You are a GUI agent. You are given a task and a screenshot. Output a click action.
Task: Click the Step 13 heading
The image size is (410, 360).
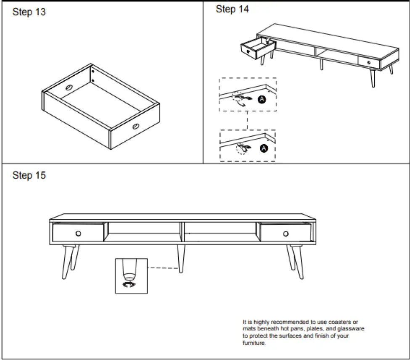[29, 12]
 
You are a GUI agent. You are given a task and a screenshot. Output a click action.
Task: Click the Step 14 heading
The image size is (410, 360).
[232, 9]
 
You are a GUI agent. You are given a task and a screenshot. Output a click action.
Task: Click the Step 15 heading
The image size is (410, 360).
[29, 175]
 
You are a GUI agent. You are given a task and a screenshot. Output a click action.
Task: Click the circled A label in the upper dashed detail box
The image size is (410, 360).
[262, 99]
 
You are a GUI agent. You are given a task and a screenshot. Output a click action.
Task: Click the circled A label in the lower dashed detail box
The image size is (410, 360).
[264, 148]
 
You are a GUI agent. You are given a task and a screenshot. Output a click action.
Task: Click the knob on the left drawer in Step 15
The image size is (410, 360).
[78, 233]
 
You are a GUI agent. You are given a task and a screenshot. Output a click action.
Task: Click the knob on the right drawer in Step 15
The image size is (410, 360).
[286, 233]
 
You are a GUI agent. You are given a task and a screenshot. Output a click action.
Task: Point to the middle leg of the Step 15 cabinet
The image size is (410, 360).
[181, 258]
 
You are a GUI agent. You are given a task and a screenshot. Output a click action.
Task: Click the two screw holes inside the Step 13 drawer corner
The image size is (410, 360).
[93, 76]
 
